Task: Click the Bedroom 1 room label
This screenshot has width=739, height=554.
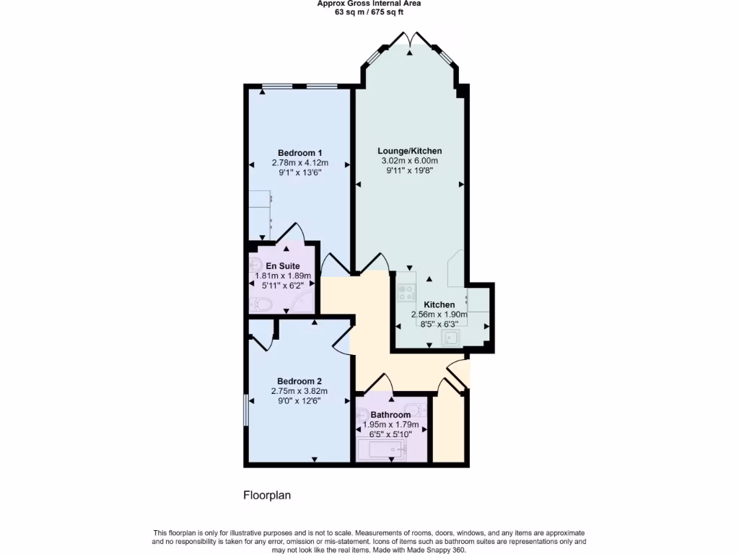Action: pyautogui.click(x=299, y=153)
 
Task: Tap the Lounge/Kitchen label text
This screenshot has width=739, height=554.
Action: pyautogui.click(x=409, y=151)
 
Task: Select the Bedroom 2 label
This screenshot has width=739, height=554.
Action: pyautogui.click(x=299, y=381)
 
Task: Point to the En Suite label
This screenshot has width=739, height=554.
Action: pyautogui.click(x=282, y=265)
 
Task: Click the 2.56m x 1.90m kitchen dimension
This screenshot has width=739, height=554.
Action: pyautogui.click(x=439, y=315)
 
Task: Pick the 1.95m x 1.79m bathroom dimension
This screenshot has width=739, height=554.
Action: pyautogui.click(x=390, y=425)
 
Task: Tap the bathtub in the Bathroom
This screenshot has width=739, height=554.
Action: pyautogui.click(x=382, y=451)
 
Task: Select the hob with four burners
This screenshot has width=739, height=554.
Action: pyautogui.click(x=406, y=293)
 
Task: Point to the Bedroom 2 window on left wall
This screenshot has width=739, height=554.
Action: pyautogui.click(x=245, y=410)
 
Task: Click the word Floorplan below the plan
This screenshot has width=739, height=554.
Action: pyautogui.click(x=266, y=496)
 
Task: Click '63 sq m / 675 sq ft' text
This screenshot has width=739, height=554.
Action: pyautogui.click(x=369, y=12)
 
